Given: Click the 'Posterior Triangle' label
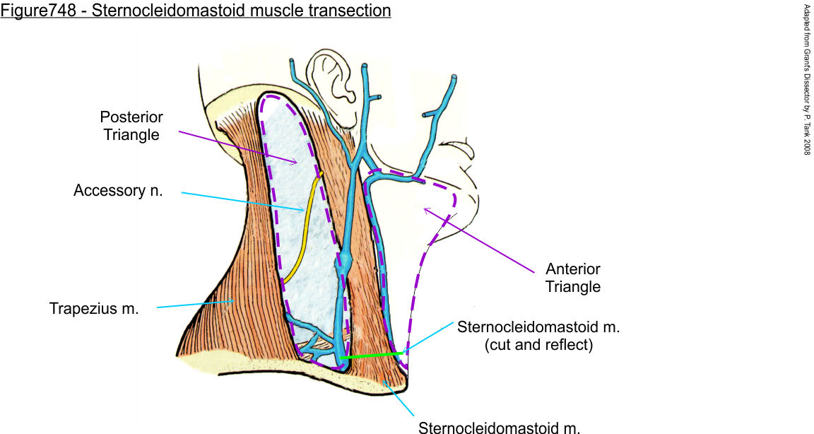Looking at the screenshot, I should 131,125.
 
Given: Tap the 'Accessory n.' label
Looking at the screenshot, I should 118,191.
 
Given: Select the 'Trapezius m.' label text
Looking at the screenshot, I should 94,309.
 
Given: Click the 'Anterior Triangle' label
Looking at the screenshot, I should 573,278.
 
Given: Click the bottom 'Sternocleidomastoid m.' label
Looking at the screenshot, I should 500,427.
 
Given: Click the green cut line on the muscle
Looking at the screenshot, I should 372,355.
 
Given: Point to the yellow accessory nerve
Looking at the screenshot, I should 303,226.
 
